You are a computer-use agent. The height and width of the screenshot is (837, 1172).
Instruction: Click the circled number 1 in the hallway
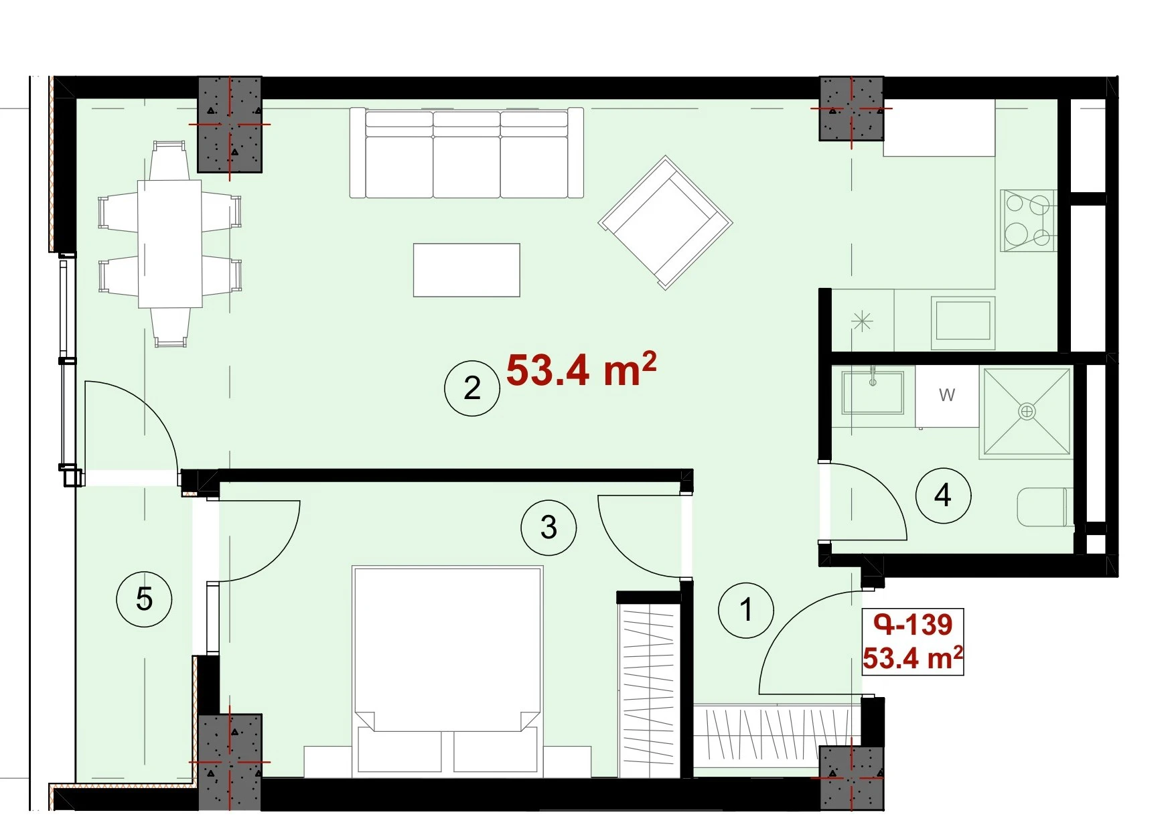click(745, 610)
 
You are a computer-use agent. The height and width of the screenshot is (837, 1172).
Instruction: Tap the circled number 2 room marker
click(472, 388)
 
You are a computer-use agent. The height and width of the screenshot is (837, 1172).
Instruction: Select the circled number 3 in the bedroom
click(548, 528)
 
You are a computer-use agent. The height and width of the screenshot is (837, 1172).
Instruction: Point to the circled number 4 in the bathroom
click(943, 496)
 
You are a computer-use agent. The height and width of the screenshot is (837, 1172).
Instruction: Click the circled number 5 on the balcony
click(144, 599)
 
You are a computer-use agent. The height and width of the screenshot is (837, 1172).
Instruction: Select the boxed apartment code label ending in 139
click(913, 641)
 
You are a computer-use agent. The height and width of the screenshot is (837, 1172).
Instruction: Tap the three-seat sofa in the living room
click(467, 153)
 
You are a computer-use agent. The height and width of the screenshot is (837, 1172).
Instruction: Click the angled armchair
click(666, 222)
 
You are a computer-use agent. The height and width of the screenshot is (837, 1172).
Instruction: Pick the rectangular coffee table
click(467, 270)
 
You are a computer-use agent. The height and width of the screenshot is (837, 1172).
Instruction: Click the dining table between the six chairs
click(170, 244)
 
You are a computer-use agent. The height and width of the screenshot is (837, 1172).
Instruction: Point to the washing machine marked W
click(947, 396)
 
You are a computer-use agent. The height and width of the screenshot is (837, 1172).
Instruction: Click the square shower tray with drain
click(1027, 411)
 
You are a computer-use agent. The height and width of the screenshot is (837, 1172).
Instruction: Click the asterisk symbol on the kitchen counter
click(862, 322)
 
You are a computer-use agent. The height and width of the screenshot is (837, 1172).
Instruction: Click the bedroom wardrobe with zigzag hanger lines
click(649, 690)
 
